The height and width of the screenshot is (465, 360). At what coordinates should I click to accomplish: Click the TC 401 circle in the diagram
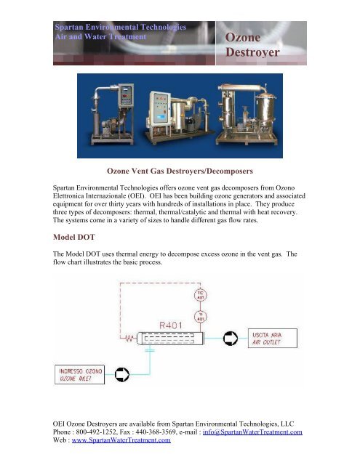pyautogui.click(x=201, y=296)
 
